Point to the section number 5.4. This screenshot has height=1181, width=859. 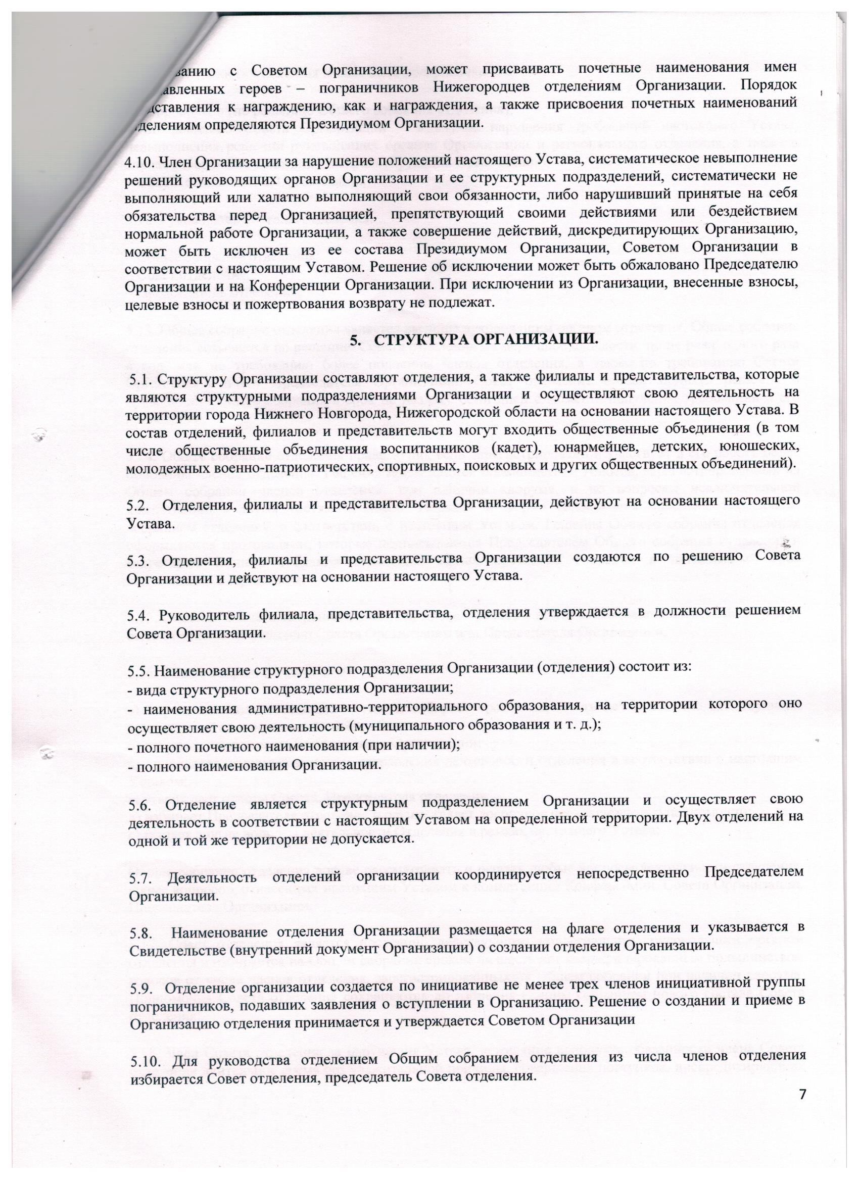[x=138, y=616]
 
